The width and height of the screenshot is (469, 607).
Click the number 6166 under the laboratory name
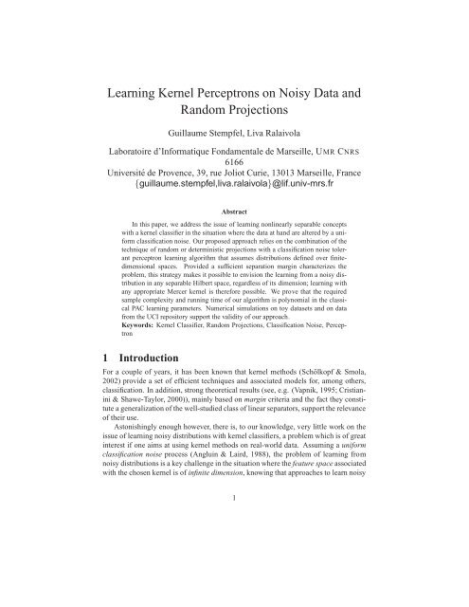[x=234, y=192]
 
